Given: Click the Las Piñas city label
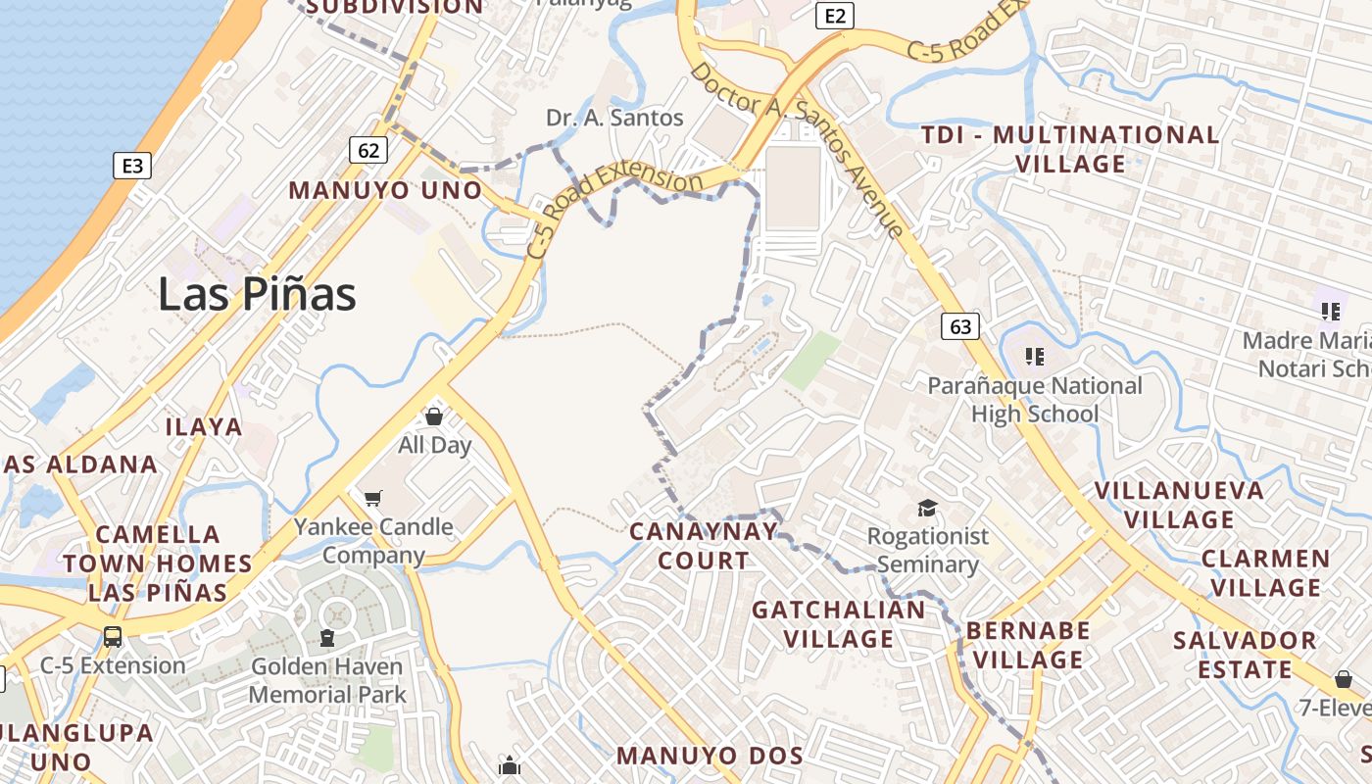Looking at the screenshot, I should pos(257,294).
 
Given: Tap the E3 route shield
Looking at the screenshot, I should pos(132,166).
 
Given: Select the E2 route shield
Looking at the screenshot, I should pos(835,16).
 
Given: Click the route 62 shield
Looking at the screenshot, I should pos(368,150).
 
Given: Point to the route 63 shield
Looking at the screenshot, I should pos(960,326).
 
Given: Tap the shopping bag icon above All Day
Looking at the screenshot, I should pos(434,417).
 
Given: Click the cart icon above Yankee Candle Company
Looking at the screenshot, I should pos(372,499).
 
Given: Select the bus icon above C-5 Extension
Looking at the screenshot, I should pos(113,637).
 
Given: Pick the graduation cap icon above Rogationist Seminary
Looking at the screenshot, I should pos(927,508).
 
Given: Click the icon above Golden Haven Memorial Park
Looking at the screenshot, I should pos(326,639).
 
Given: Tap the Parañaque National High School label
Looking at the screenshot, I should pos(1035,400).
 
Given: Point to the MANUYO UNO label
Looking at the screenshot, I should pos(385,190).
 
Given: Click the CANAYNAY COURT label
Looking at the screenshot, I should pos(703,546).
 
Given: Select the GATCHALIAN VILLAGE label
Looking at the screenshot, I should pos(838,624).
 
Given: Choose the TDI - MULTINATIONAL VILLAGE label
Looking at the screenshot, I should pos(1070,149).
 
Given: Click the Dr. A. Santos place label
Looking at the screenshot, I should pos(614,119).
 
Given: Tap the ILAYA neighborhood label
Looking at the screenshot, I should pos(204,426).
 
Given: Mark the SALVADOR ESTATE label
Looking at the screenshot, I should pos(1245,655).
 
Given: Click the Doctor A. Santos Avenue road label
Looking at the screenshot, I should pos(796,150).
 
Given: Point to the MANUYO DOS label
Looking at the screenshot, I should pos(710,756).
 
